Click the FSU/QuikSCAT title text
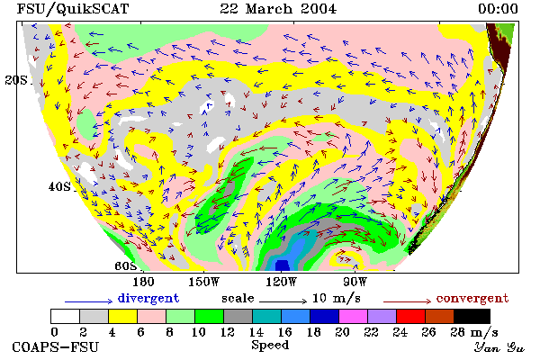(x=73, y=9)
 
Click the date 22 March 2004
(x=278, y=9)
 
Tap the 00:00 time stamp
(x=498, y=9)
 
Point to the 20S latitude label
(x=16, y=80)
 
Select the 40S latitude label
(x=59, y=186)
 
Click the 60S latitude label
(x=125, y=266)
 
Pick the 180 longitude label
(x=144, y=282)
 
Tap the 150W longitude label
(x=204, y=282)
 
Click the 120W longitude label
(x=282, y=282)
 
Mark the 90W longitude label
(x=355, y=282)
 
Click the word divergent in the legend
(x=148, y=298)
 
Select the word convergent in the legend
(x=472, y=298)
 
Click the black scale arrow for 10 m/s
(x=283, y=301)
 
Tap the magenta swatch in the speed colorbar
(x=354, y=316)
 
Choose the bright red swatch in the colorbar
(x=411, y=316)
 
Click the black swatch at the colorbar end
(x=472, y=316)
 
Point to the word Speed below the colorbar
(x=270, y=346)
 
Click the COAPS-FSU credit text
(x=56, y=346)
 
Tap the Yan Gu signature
(x=499, y=347)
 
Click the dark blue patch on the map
(x=283, y=265)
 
